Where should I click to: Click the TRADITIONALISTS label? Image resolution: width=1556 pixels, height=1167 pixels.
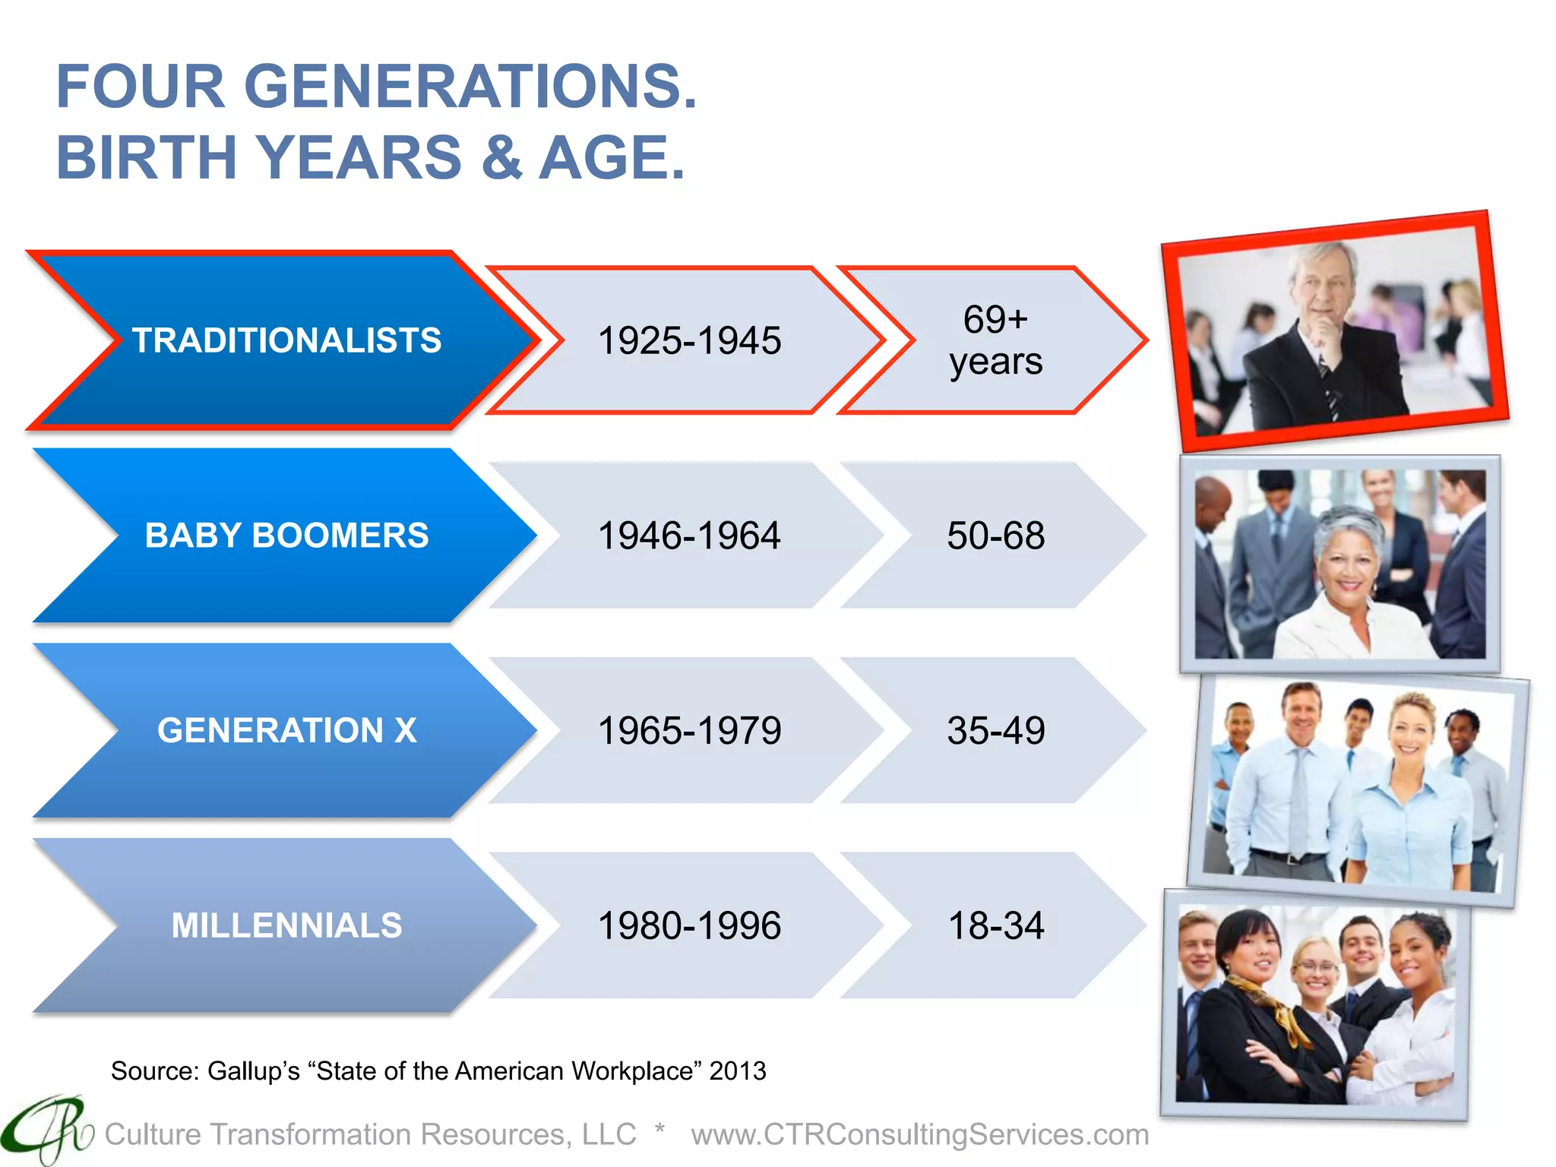(286, 340)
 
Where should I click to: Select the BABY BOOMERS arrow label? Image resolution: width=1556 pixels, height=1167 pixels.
(286, 536)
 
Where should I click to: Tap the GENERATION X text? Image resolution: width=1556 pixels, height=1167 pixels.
(286, 731)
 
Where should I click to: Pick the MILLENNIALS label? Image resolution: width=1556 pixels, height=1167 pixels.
(286, 925)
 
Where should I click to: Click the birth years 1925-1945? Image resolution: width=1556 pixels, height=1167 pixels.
(689, 340)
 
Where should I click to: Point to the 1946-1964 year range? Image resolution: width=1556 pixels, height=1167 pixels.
(689, 536)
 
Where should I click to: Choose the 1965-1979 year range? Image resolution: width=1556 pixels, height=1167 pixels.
(689, 731)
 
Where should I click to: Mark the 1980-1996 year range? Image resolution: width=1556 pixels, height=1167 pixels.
(689, 925)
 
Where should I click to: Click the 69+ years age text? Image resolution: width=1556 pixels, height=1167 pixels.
(995, 340)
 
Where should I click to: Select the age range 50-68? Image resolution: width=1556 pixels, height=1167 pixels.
(995, 536)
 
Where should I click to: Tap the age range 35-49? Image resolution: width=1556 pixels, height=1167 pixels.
(995, 731)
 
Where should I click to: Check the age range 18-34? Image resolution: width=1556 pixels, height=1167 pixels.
(995, 925)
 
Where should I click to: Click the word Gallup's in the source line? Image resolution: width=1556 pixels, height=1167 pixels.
(254, 1071)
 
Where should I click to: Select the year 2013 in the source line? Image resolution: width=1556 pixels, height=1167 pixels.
(737, 1071)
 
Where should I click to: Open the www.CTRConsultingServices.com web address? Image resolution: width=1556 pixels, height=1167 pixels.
(919, 1134)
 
